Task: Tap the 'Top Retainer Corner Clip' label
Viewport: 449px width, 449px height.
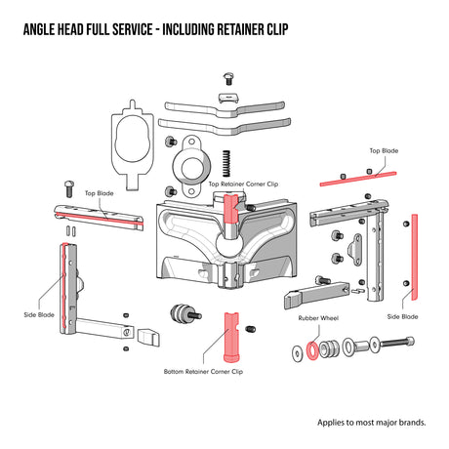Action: pos(243,183)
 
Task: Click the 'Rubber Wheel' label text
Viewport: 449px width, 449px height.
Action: pos(317,319)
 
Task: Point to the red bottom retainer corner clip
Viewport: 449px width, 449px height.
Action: pos(232,336)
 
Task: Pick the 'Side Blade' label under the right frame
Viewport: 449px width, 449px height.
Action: pos(402,316)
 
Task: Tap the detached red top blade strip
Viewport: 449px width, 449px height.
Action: pos(358,176)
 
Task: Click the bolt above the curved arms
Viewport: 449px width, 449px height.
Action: pos(228,79)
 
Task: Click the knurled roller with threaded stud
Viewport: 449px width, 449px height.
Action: pos(182,315)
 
